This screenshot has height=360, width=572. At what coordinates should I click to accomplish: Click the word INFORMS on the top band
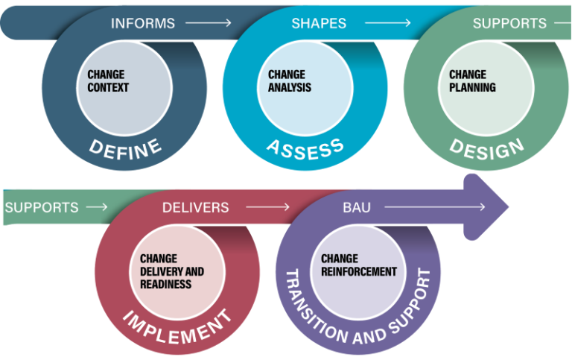pos(142,23)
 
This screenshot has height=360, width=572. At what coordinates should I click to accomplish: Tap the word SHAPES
pos(319,23)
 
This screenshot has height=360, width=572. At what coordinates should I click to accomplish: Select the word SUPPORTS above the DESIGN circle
pos(509,23)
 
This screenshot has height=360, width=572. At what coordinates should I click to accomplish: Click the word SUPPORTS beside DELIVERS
pos(42,207)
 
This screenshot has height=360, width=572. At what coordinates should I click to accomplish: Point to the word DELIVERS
pos(196,207)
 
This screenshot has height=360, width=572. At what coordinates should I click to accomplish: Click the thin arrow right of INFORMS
pos(209,23)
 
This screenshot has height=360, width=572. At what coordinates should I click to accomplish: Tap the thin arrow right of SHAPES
pos(384,23)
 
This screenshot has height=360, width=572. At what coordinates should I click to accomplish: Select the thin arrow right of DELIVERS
pos(267,207)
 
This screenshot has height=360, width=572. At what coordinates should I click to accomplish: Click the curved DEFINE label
pos(125,148)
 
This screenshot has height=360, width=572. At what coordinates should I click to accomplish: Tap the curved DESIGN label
pos(486,148)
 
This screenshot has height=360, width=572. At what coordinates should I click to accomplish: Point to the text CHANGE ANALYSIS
pos(289,81)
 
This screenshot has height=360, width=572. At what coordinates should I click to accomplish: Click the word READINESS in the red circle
pos(165,284)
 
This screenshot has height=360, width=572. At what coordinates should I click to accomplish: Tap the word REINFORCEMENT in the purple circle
pos(358,271)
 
